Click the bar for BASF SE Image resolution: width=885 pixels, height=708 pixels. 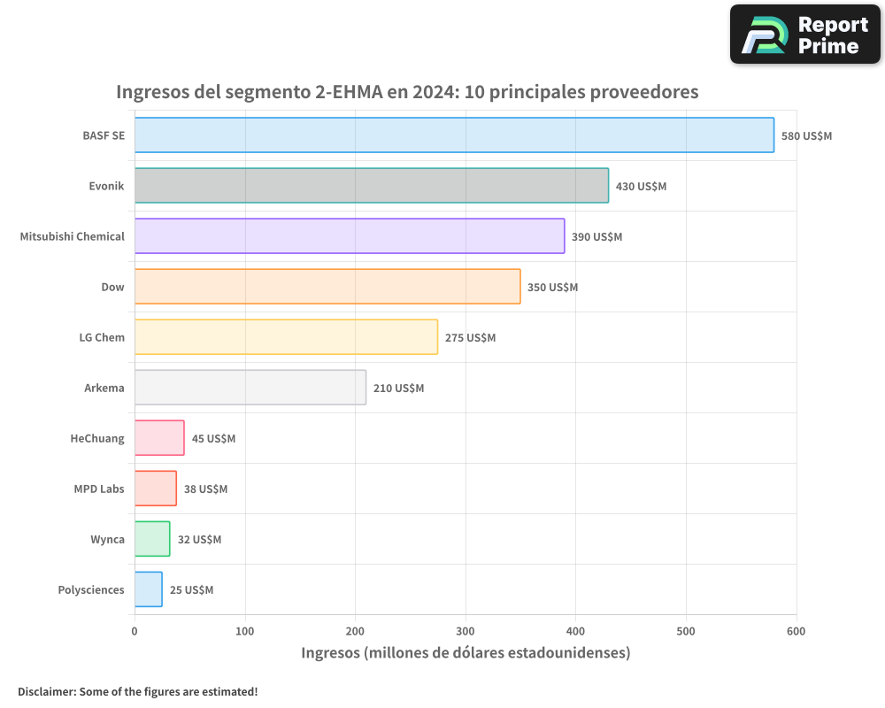tap(454, 135)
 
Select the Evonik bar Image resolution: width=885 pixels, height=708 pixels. tap(372, 186)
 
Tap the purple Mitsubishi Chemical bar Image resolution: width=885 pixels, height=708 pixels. tap(350, 236)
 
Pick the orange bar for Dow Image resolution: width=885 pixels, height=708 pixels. tap(327, 287)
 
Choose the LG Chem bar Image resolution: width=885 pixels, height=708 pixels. tap(286, 337)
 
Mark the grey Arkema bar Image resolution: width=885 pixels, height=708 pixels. tap(250, 388)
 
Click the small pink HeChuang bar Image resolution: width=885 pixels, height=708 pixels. tap(159, 438)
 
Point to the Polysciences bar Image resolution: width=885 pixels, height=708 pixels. tap(149, 589)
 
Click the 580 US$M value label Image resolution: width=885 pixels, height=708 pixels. tap(806, 136)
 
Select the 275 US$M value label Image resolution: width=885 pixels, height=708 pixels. tap(470, 338)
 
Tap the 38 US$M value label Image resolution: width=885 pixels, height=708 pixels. tap(205, 489)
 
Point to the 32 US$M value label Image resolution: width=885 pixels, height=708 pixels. tap(199, 540)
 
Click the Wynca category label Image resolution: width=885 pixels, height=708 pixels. tap(107, 540)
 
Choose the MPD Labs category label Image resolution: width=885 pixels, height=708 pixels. tap(99, 489)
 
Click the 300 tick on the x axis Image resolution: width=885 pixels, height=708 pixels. tap(466, 631)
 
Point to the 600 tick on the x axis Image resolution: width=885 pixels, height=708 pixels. tap(796, 631)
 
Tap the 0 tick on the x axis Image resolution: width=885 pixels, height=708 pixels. tap(135, 631)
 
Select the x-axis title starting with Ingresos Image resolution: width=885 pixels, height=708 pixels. tap(466, 653)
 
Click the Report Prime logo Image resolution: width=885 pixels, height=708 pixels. tap(804, 35)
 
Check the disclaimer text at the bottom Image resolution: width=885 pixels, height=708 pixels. tap(137, 691)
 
